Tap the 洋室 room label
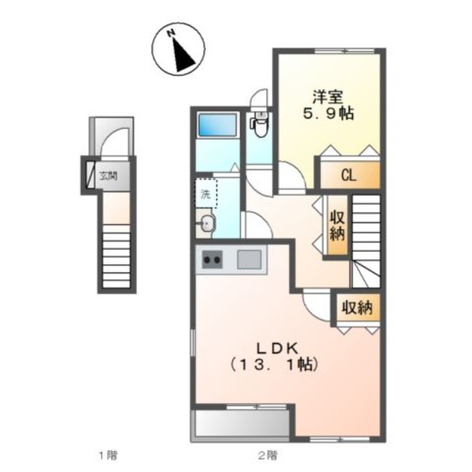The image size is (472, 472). [328, 97]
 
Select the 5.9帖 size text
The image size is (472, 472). [328, 113]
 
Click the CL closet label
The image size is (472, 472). [349, 175]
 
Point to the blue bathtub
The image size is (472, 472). [217, 124]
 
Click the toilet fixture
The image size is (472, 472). [259, 124]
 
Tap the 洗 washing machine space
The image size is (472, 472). [206, 193]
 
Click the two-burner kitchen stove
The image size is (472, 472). [212, 260]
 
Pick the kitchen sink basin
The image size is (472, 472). [249, 260]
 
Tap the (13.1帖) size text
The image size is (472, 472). [274, 365]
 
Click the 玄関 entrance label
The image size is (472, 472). [109, 176]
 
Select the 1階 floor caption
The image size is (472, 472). [108, 455]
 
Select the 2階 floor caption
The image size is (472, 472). [267, 455]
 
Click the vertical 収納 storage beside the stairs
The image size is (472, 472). [337, 225]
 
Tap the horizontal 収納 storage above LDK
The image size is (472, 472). [358, 307]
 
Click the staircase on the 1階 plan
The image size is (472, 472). [116, 256]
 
